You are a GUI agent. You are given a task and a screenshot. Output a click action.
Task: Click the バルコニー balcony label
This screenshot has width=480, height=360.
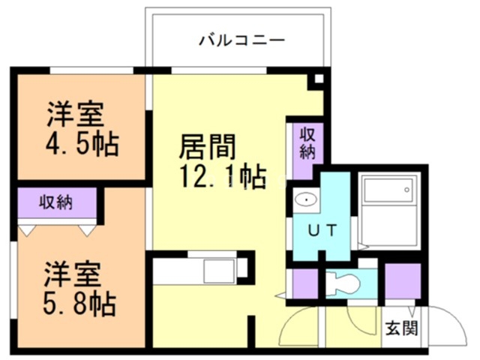241,40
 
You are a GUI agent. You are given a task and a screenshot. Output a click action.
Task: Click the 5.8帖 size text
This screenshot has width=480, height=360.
79,302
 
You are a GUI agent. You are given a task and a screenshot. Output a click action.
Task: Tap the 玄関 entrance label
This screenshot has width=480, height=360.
402,328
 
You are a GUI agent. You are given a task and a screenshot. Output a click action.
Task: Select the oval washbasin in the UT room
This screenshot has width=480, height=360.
305,200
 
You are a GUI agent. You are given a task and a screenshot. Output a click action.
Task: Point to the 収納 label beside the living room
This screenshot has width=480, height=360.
307,142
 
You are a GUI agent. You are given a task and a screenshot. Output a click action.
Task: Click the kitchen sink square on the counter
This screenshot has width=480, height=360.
220,270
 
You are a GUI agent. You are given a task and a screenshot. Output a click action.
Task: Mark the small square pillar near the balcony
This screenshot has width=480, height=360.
319,79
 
